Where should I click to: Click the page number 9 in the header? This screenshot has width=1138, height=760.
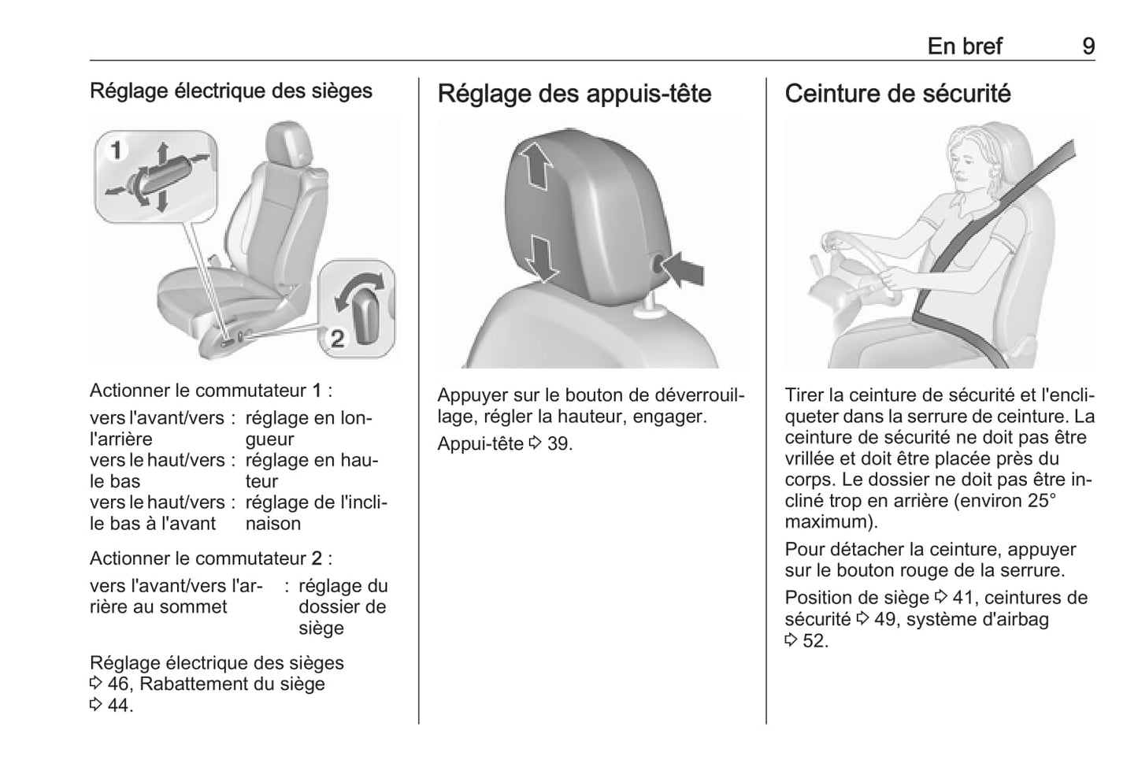[x=1088, y=46]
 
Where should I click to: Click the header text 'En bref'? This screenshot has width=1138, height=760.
[x=964, y=46]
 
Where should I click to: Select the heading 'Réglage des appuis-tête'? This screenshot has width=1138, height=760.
[x=574, y=94]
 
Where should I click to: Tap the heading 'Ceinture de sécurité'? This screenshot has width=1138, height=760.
[x=897, y=94]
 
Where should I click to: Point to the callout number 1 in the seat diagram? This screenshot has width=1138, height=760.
[x=116, y=150]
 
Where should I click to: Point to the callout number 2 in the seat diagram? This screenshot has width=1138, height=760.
[x=337, y=339]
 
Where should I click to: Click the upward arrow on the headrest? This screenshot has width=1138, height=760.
[x=536, y=164]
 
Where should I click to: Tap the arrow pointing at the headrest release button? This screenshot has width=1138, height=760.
[x=684, y=270]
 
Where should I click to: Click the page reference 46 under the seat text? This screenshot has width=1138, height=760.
[x=118, y=684]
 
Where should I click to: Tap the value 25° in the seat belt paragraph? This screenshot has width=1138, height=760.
[x=1040, y=501]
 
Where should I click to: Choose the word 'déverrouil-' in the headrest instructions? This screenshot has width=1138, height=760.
[x=696, y=395]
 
